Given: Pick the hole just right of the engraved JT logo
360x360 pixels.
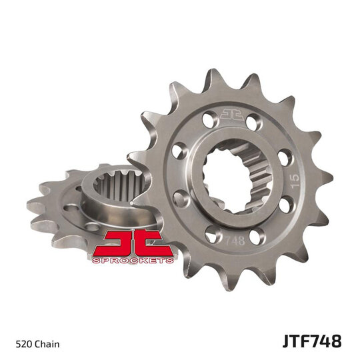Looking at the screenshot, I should [x=254, y=121].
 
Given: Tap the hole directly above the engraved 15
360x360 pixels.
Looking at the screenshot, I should [x=283, y=158].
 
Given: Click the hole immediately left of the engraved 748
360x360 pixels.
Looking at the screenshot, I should [x=212, y=235].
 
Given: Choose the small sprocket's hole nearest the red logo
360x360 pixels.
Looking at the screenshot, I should [x=93, y=227].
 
